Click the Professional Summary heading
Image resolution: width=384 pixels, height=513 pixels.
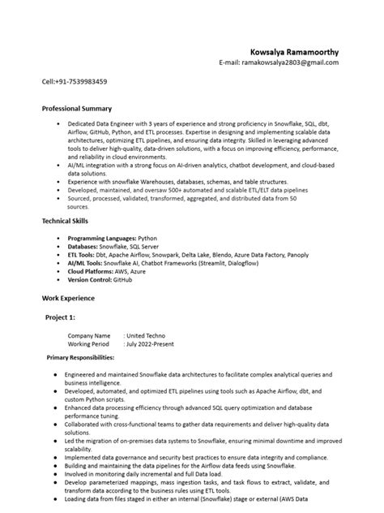(76, 108)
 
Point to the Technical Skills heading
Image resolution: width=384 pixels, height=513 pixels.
(65, 220)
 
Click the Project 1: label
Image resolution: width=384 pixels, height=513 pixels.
(61, 317)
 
